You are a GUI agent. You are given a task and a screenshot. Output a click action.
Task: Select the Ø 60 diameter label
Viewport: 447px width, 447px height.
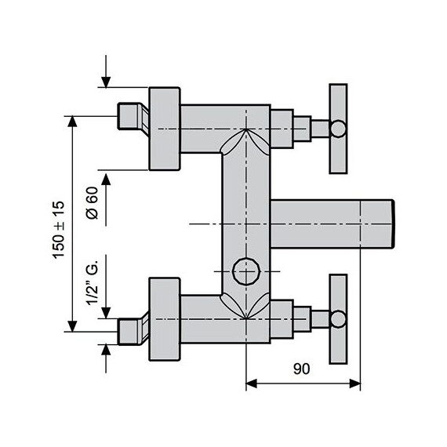tap(91, 203)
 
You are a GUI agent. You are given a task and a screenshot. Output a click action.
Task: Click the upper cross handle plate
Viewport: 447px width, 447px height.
tap(338, 128)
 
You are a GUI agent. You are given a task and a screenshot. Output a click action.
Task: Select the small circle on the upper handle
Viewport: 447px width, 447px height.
tap(338, 128)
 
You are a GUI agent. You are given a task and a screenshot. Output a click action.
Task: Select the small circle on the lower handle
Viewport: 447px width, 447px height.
tap(338, 318)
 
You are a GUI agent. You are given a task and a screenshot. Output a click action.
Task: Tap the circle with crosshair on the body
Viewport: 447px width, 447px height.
tap(246, 271)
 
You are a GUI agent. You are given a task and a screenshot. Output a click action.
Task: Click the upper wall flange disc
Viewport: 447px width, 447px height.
tap(165, 128)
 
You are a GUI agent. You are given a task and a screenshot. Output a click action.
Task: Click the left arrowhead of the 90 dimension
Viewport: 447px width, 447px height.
tap(252, 383)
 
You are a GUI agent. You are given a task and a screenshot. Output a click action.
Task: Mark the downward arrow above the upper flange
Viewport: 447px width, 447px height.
tap(107, 82)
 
